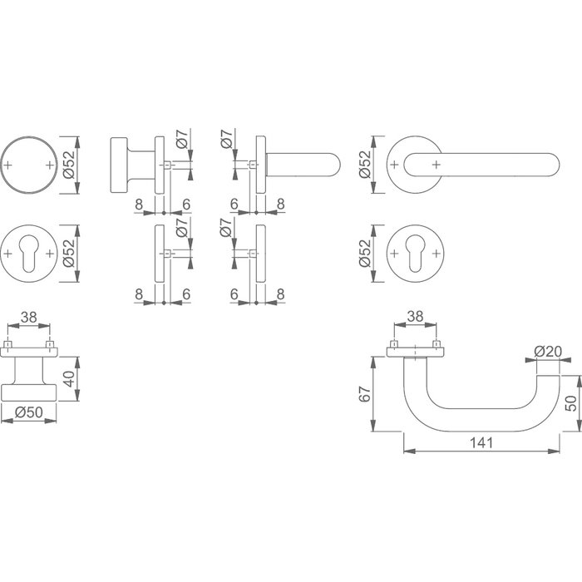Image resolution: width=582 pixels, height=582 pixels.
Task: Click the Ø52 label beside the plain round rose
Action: click(x=71, y=163)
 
